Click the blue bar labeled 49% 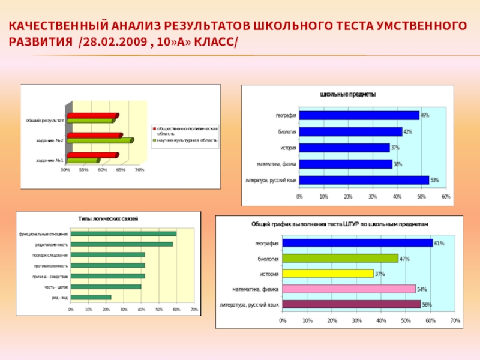pyautogui.click(x=359, y=115)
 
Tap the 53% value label pyautogui.click(x=434, y=180)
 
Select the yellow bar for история pyautogui.click(x=328, y=274)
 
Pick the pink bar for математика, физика pyautogui.click(x=349, y=289)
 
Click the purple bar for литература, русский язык pyautogui.click(x=351, y=304)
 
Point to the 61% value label pyautogui.click(x=439, y=244)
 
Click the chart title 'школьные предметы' pyautogui.click(x=348, y=95)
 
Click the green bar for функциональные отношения pyautogui.click(x=124, y=233)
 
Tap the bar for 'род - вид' pyautogui.click(x=91, y=297)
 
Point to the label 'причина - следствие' pyautogui.click(x=50, y=276)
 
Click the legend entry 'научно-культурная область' pyautogui.click(x=187, y=140)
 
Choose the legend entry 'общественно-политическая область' pyautogui.click(x=187, y=131)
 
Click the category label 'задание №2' pyautogui.click(x=50, y=140)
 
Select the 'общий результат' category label pyautogui.click(x=44, y=121)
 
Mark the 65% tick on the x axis pyautogui.click(x=121, y=170)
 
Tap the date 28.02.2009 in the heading pyautogui.click(x=114, y=44)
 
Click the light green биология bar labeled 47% pyautogui.click(x=340, y=259)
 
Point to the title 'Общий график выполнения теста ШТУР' pyautogui.click(x=340, y=223)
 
